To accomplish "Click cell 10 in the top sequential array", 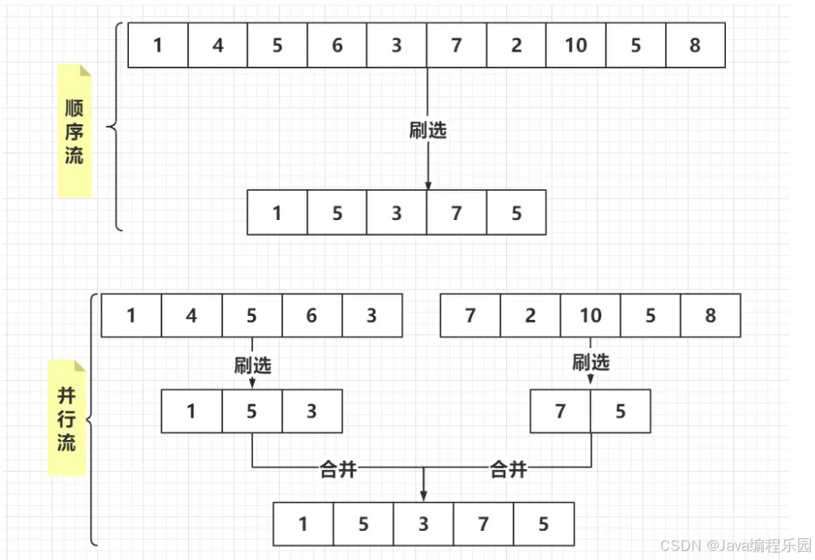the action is coord(576,45).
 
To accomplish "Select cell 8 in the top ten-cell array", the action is coord(695,45).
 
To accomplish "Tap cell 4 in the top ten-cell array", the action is coord(218,45).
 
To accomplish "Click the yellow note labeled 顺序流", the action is coord(75,132).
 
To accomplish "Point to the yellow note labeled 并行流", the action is coord(67,417).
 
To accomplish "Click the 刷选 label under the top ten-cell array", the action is coord(428,130).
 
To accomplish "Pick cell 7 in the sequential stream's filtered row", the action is coord(456,212).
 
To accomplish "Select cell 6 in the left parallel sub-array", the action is coord(311,316).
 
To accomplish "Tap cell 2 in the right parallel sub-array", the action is coord(530,316).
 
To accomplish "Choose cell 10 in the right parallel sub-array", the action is coord(590,316).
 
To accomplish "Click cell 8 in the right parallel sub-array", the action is coord(710,316).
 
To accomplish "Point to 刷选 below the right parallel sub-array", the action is coord(591,362).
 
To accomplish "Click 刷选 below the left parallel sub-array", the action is coord(252,364).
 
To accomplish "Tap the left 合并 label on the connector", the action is coord(339,469).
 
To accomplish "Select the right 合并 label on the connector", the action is coord(508,469).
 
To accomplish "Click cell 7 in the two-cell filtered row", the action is coord(560,411).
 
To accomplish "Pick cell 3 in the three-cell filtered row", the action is coord(311,411).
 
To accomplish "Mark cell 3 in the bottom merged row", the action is coord(424,524).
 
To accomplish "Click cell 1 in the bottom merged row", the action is coord(303,524).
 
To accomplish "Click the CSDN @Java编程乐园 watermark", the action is coord(735,545).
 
